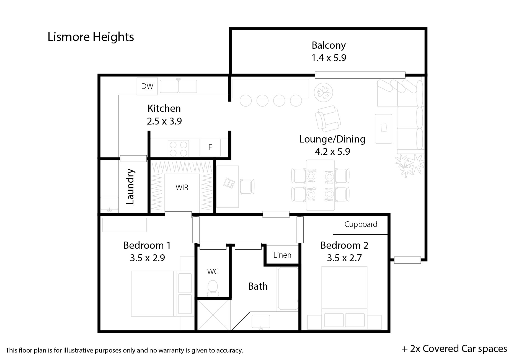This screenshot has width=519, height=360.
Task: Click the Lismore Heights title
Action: pos(91,37)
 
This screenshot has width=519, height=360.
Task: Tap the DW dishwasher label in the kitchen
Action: pos(147,86)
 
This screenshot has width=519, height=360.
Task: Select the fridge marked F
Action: pos(210,147)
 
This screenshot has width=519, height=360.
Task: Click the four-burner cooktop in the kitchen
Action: pos(178,149)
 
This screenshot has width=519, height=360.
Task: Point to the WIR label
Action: pos(182,188)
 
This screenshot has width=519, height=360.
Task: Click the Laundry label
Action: pos(130,187)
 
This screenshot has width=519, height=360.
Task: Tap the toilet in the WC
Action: pos(213,289)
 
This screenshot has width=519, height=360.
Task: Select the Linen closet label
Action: pos(282,255)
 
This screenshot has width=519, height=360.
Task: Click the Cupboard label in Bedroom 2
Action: pos(361,224)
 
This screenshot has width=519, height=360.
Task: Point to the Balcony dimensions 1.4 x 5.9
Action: pos(329,58)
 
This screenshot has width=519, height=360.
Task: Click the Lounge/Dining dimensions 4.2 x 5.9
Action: pos(332,152)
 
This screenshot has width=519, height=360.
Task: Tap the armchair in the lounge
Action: pos(328,119)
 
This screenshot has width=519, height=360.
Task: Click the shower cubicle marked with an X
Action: pos(213,315)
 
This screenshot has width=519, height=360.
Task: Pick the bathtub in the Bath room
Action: pos(288,288)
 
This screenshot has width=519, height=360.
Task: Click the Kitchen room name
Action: pos(164,108)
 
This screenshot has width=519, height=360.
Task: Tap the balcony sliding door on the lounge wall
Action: pos(360,75)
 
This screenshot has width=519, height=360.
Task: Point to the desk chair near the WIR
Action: pos(247,187)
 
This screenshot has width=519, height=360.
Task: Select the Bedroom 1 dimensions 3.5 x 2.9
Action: pos(148,258)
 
